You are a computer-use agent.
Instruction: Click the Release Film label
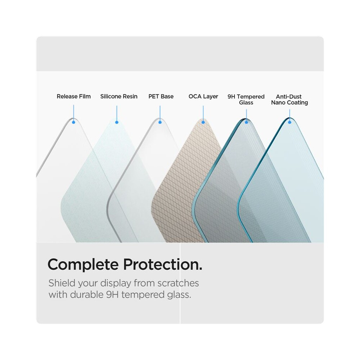pyautogui.click(x=74, y=96)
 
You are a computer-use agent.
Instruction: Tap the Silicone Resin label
pyautogui.click(x=119, y=96)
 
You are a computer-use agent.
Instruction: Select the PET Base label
pyautogui.click(x=161, y=96)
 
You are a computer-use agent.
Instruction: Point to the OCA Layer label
pyautogui.click(x=203, y=96)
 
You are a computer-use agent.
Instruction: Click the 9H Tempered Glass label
pyautogui.click(x=246, y=99)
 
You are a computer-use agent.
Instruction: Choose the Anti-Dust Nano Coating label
pyautogui.click(x=289, y=99)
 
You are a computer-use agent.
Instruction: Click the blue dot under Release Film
pyautogui.click(x=73, y=122)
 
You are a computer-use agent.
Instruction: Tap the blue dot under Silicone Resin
pyautogui.click(x=117, y=122)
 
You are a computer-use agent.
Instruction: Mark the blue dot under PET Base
pyautogui.click(x=160, y=122)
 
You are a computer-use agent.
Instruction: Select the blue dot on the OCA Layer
pyautogui.click(x=203, y=122)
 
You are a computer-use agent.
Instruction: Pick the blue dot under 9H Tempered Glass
pyautogui.click(x=246, y=122)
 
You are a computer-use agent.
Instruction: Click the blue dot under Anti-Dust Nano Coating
pyautogui.click(x=290, y=122)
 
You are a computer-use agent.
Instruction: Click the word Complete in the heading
pyautogui.click(x=83, y=265)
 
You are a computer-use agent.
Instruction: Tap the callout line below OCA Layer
pyautogui.click(x=203, y=113)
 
